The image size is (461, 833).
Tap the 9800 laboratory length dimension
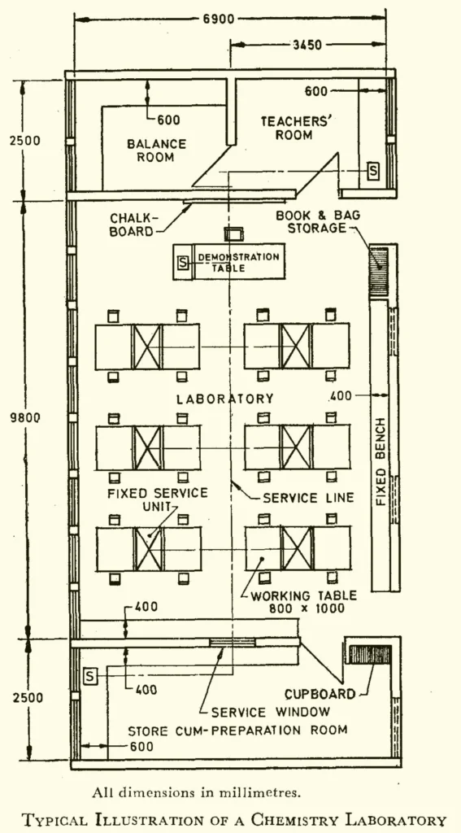click(x=25, y=417)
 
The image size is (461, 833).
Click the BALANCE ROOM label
click(x=156, y=150)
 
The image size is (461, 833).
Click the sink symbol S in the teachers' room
click(x=373, y=171)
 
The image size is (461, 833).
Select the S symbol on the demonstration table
click(x=183, y=263)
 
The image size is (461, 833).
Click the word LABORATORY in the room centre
click(x=225, y=399)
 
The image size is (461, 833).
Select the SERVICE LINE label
click(x=307, y=497)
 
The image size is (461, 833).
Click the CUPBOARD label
click(x=320, y=694)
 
